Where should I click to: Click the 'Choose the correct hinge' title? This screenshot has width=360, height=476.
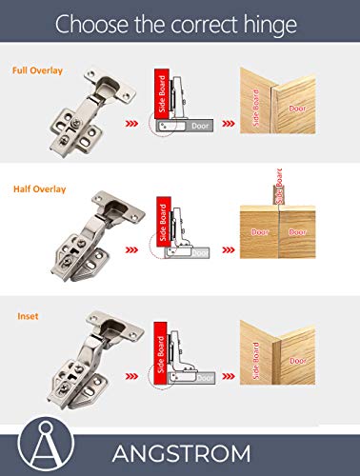[x=179, y=25]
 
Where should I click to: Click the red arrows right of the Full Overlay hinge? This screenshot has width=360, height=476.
[x=133, y=123]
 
